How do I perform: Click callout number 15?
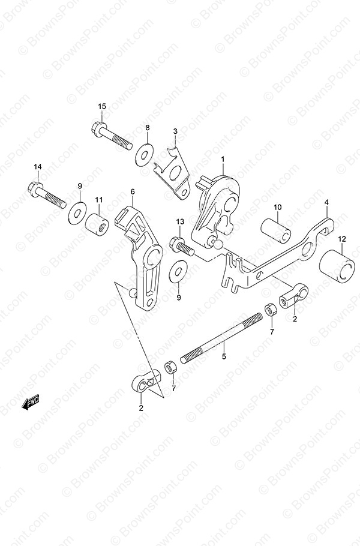pyautogui.click(x=101, y=107)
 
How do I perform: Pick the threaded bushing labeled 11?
pyautogui.click(x=97, y=225)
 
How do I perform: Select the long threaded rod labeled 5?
pyautogui.click(x=221, y=338)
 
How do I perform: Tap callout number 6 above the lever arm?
pyautogui.click(x=133, y=191)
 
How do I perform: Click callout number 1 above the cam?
pyautogui.click(x=223, y=159)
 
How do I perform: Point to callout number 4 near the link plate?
pyautogui.click(x=326, y=202)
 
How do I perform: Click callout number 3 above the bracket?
pyautogui.click(x=175, y=131)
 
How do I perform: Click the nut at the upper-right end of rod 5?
pyautogui.click(x=271, y=309)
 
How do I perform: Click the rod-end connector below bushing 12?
pyautogui.click(x=294, y=295)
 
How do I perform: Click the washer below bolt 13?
pyautogui.click(x=178, y=271)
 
